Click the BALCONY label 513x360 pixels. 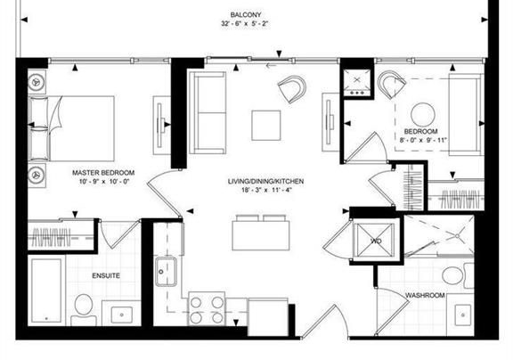tap(246, 15)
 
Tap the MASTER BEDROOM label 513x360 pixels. tap(103, 173)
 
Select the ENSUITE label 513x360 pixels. tap(106, 276)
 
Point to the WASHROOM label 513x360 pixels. tap(425, 295)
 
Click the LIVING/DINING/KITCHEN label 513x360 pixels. tap(265, 181)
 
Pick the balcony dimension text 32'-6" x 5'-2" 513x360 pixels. tap(245, 24)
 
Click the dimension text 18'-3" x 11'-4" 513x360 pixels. tap(266, 190)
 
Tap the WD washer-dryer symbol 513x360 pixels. tap(375, 241)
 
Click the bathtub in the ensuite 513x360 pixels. tap(46, 290)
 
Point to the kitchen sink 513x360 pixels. tap(167, 271)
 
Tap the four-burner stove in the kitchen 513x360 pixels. tap(207, 308)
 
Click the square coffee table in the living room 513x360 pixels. tap(266, 126)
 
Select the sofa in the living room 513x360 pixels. tap(208, 112)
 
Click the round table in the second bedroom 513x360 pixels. tap(423, 115)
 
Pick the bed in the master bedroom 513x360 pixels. tap(71, 128)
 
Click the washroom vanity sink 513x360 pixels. tap(462, 314)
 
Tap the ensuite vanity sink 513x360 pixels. tap(122, 315)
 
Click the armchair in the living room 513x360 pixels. tap(292, 89)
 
